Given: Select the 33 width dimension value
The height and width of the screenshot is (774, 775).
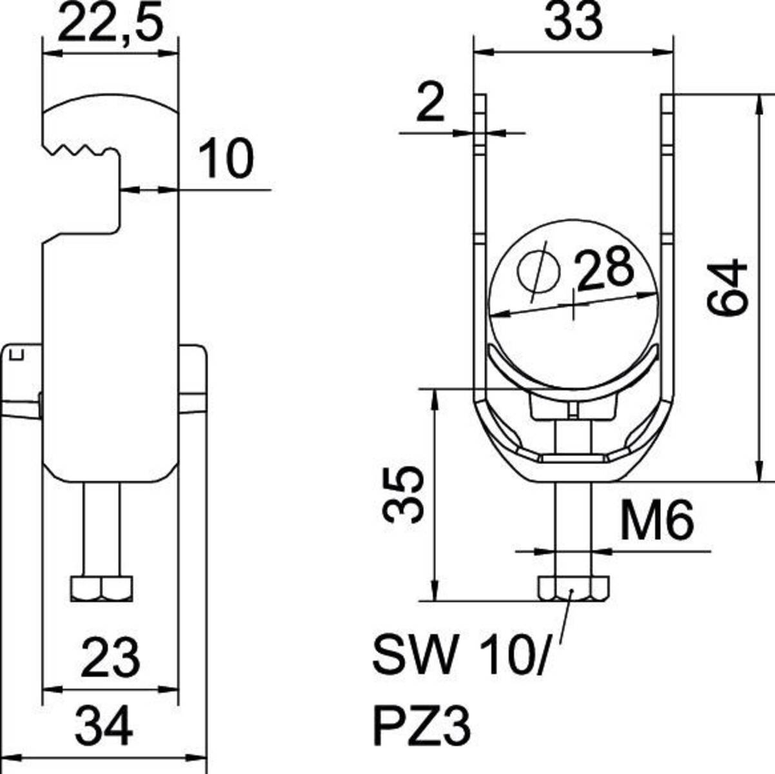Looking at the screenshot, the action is [573, 21].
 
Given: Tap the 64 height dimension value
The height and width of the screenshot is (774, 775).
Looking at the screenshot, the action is [727, 288].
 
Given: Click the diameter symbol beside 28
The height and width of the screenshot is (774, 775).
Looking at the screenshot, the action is [539, 272].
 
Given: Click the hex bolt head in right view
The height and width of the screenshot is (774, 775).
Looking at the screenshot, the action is [573, 588].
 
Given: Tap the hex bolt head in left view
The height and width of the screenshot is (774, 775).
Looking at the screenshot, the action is [102, 589].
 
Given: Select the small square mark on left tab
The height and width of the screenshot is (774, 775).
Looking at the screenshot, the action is [19, 355].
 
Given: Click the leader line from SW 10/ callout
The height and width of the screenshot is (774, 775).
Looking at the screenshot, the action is [565, 617].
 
